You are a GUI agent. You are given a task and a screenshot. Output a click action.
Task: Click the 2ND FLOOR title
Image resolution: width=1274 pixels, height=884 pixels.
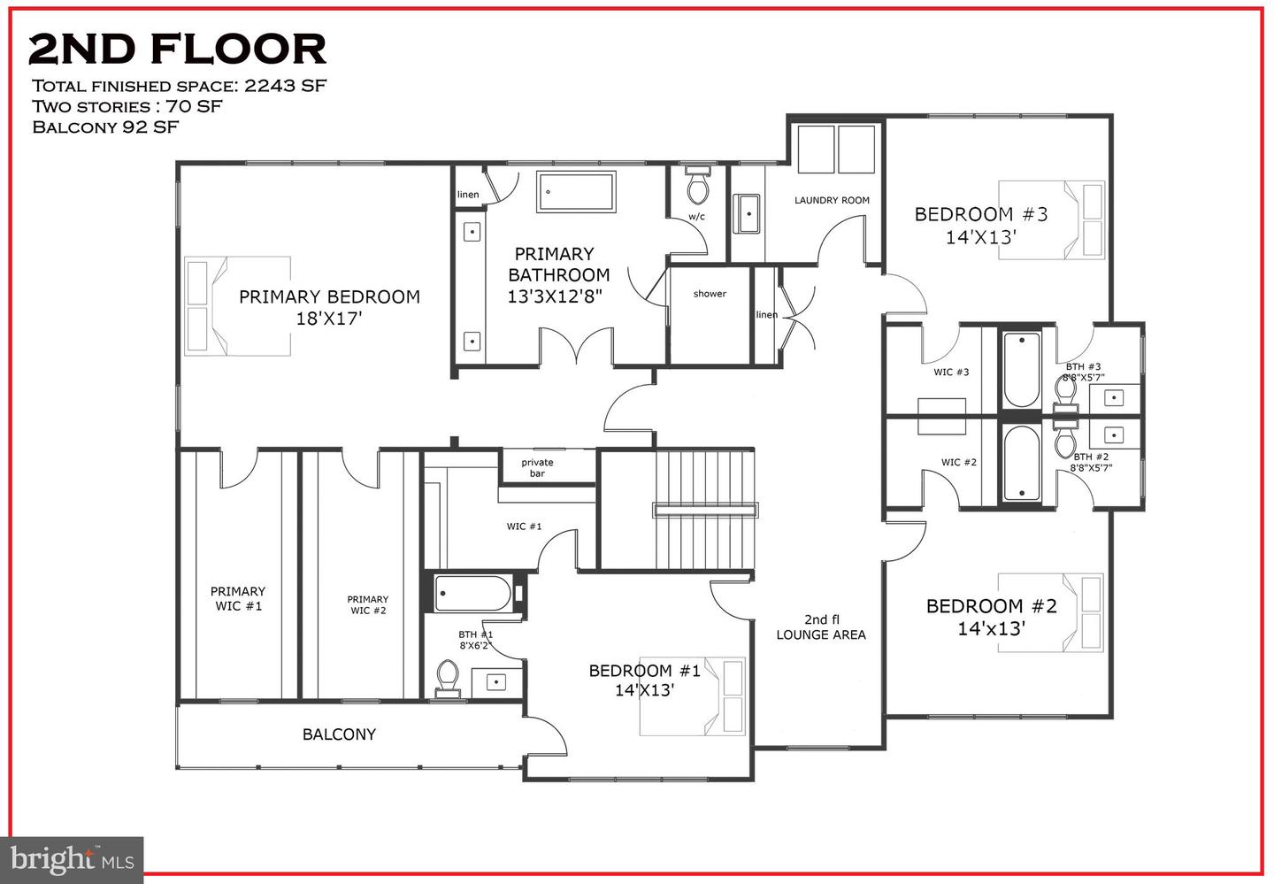[177, 50]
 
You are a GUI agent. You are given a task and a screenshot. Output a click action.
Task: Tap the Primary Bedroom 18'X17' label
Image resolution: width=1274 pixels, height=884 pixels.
[329, 307]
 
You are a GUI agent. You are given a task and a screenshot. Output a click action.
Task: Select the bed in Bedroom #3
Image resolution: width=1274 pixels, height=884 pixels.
[1051, 220]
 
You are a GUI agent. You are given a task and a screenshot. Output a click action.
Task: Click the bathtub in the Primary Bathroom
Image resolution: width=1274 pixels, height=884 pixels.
[575, 192]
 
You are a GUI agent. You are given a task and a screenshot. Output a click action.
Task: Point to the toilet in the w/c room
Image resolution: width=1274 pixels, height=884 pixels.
[698, 185]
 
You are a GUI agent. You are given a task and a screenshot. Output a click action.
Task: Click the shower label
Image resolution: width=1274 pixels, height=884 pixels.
[710, 294]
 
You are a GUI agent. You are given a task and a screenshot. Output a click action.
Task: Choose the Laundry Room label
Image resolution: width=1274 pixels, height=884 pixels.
[832, 201]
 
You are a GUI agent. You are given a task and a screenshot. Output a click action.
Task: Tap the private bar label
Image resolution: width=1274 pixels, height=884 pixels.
[537, 467]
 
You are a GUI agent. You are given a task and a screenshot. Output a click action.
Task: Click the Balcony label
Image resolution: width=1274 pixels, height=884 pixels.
[339, 734]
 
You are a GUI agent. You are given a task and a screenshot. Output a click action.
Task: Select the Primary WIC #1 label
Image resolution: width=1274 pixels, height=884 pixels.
[238, 598]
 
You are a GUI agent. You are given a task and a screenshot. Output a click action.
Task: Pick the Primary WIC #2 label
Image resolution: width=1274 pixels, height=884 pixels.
[367, 604]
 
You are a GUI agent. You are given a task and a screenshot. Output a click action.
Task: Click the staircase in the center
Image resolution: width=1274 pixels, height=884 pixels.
[705, 510]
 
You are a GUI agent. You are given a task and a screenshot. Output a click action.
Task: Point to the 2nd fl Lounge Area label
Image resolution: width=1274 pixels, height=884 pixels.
[821, 626]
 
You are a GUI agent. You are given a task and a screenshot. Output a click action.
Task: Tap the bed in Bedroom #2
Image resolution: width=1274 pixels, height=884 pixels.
[1051, 612]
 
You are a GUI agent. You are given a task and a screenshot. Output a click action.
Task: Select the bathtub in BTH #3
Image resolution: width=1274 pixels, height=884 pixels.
[1022, 368]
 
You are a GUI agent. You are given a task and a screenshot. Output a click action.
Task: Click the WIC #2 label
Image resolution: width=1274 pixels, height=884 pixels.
[959, 463]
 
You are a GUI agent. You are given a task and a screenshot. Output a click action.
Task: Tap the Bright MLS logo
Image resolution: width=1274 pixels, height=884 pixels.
[73, 859]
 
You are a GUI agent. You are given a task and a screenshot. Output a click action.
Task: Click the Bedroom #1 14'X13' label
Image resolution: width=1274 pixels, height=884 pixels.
[645, 680]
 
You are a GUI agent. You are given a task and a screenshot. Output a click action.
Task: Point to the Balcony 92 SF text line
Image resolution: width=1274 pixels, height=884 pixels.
[105, 127]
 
